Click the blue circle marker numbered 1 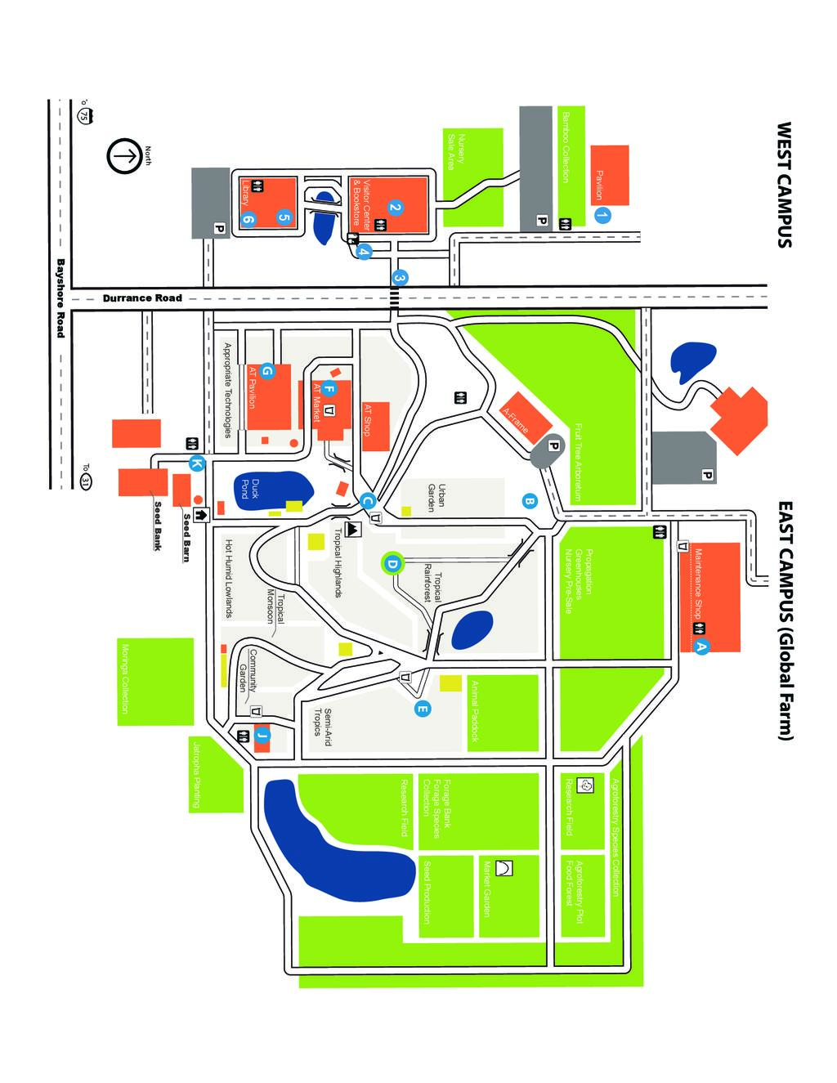pos(602,216)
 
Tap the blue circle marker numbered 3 pos(399,278)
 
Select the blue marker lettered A pos(700,646)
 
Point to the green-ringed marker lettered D pos(392,563)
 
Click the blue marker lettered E pos(422,709)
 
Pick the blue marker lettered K pos(196,464)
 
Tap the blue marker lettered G pos(266,371)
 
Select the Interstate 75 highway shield pos(83,115)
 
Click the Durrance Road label pos(142,298)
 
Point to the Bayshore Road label pos(60,298)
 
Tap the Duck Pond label pos(248,489)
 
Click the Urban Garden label pos(436,498)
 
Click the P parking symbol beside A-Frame pos(553,446)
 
